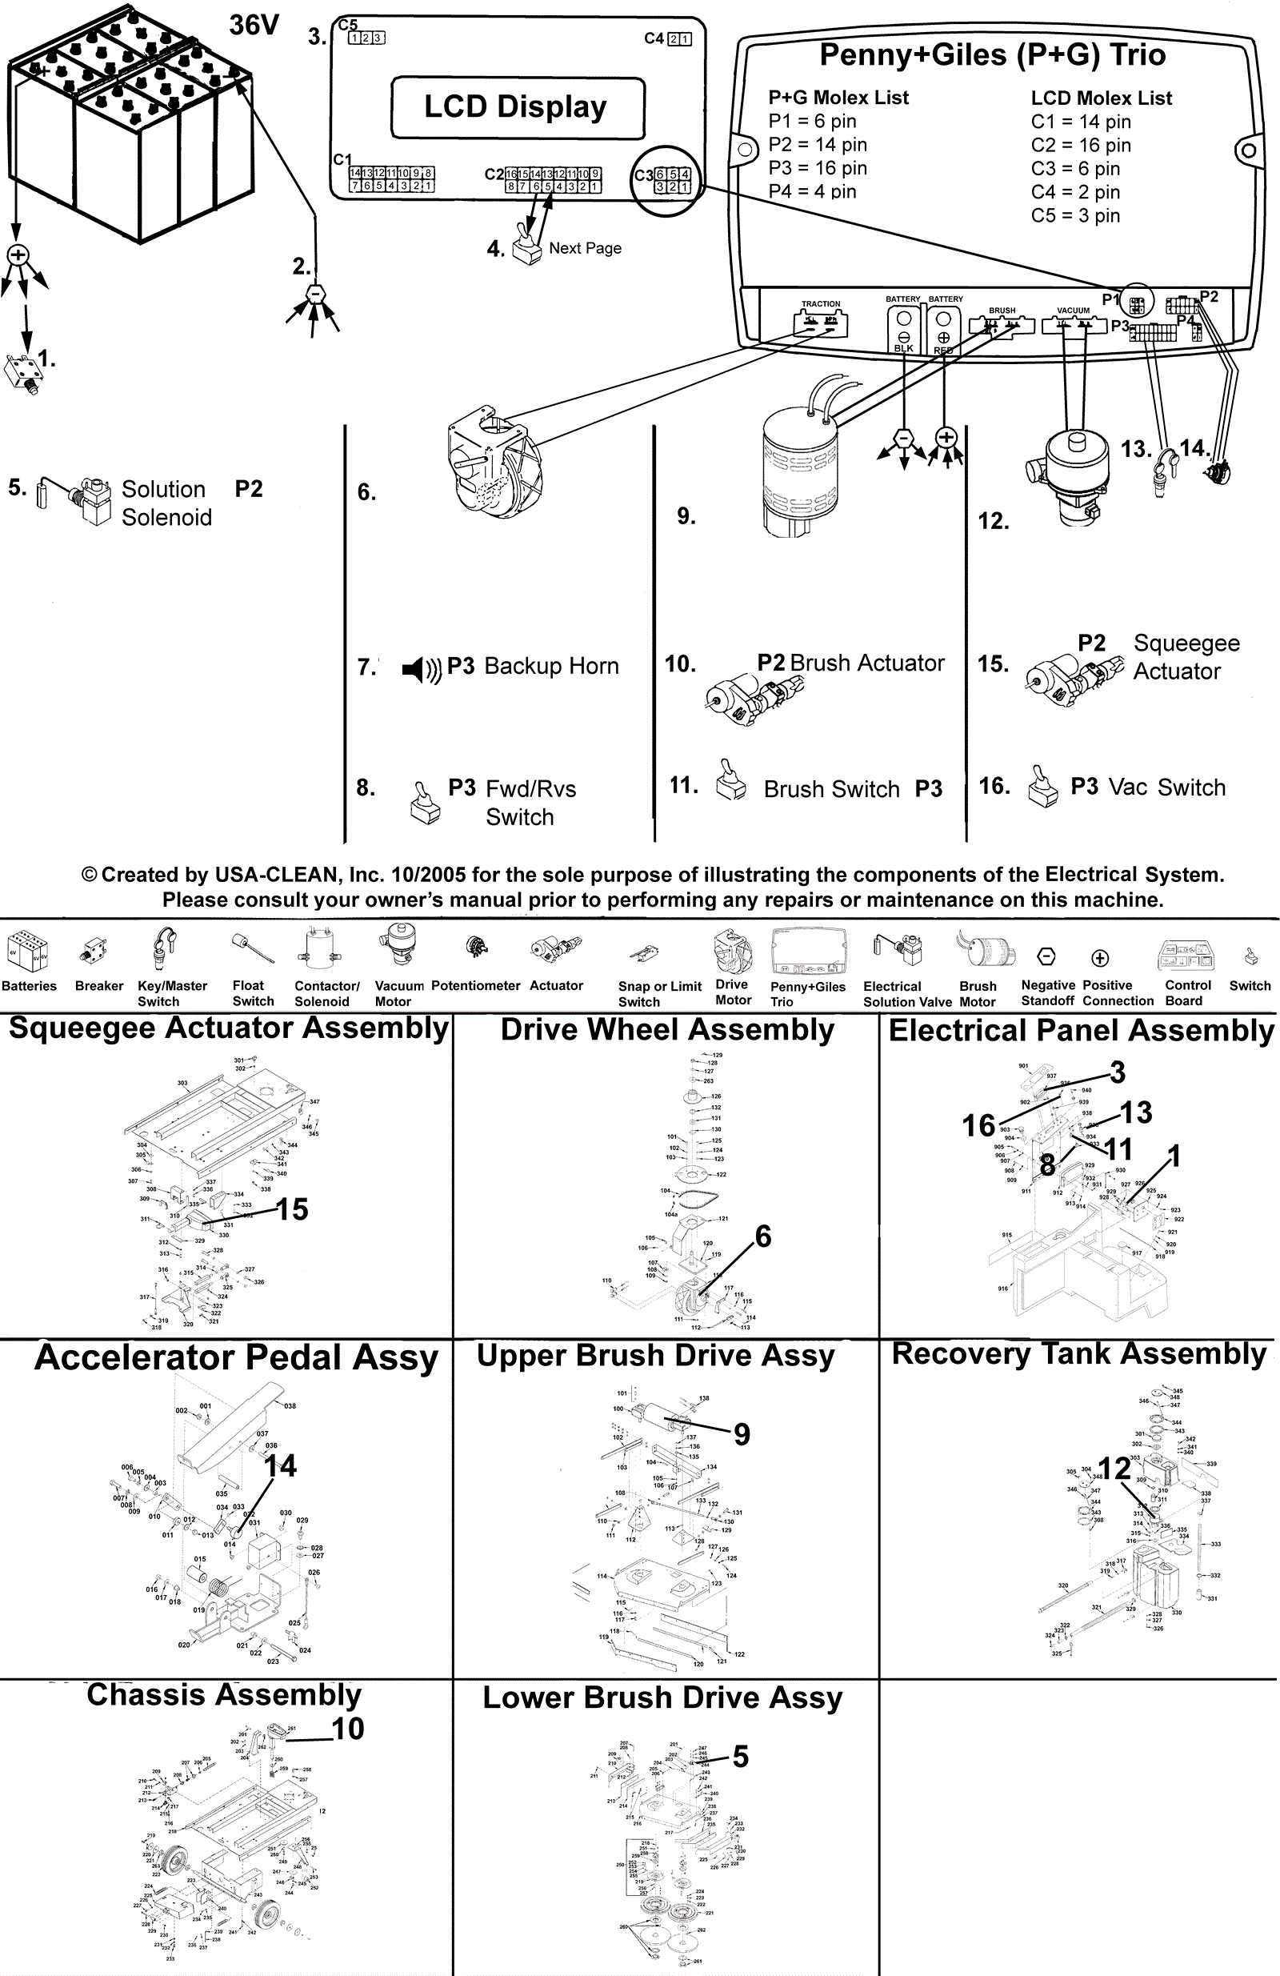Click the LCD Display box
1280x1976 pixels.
(517, 107)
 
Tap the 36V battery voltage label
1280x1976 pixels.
(254, 25)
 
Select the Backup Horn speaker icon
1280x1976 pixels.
(422, 668)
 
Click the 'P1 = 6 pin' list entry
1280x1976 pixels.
(812, 121)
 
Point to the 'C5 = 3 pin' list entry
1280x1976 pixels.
(1075, 216)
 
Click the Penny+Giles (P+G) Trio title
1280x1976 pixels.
(992, 54)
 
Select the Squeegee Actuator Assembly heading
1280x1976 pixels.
(228, 1028)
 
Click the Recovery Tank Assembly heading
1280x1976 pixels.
(1078, 1354)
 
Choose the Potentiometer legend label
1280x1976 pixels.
(476, 985)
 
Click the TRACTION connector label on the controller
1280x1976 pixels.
(820, 304)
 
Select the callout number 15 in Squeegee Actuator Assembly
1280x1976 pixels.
(292, 1209)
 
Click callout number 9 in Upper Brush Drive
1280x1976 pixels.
(742, 1435)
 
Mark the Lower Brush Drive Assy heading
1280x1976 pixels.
(662, 1697)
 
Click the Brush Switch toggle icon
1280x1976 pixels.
(730, 781)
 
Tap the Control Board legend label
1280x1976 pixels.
(1187, 993)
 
